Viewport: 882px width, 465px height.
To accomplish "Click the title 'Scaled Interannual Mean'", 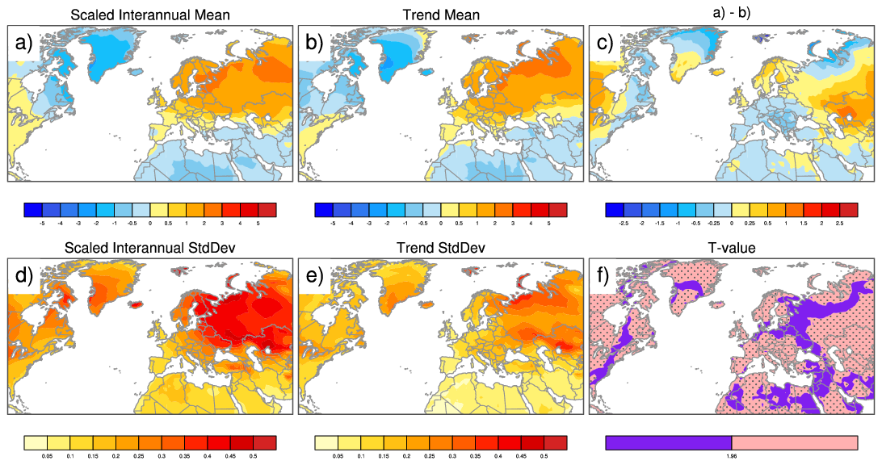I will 149,15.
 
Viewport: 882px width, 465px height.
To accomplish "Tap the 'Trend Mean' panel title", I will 440,15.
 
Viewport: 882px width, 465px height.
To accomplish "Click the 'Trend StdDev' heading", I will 440,249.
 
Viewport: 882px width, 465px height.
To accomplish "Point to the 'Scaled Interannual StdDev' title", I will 149,249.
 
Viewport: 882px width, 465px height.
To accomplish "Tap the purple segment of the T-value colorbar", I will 668,442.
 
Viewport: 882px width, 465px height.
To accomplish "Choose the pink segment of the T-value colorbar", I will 794,442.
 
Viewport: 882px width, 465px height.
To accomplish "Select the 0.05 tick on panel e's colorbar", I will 335,456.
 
